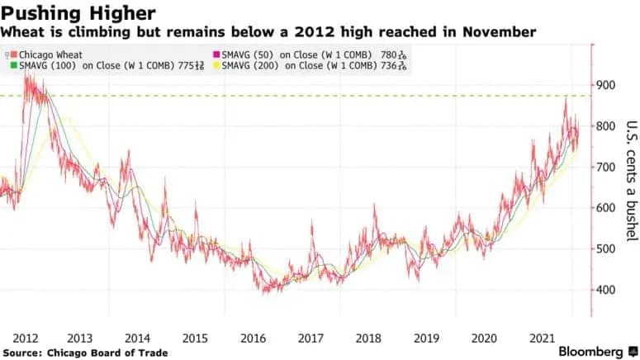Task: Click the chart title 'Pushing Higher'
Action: point(78,13)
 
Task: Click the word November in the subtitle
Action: point(499,32)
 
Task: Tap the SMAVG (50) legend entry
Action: point(310,54)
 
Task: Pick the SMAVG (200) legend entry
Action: point(310,66)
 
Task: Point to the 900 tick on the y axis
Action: point(605,85)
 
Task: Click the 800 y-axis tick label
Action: point(605,126)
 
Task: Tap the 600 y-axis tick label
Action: point(605,208)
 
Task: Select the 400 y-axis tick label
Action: point(605,290)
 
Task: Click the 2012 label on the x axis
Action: point(26,339)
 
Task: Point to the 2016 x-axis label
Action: point(253,339)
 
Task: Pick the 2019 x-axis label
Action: point(427,339)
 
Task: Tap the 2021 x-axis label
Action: point(542,339)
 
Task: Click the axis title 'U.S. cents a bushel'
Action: point(632,181)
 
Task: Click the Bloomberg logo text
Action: point(590,352)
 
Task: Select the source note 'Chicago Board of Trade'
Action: point(107,353)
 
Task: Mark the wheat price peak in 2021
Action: point(566,98)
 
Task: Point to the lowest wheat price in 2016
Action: point(264,292)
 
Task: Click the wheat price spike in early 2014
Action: point(129,151)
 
